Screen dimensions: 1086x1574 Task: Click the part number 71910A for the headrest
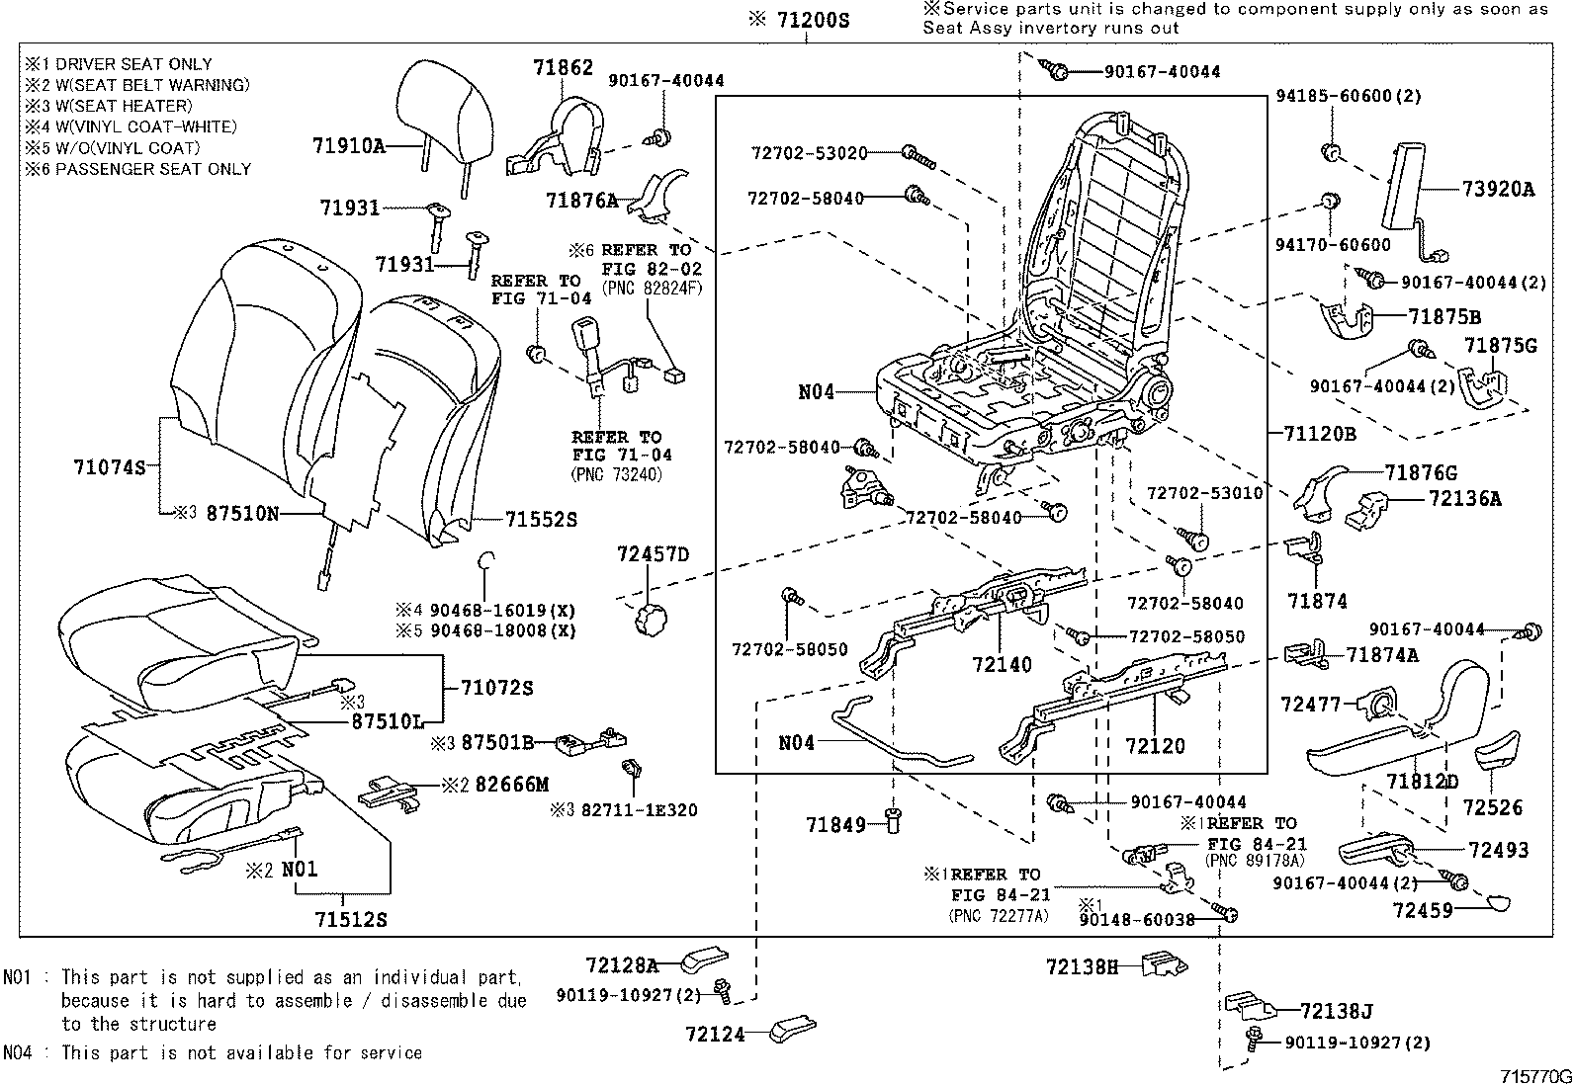[348, 146]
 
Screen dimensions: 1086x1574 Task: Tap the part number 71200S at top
[812, 20]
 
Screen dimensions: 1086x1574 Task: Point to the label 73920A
[1499, 190]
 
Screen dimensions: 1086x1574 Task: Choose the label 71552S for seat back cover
[541, 519]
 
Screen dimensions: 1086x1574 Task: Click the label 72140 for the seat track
[1002, 664]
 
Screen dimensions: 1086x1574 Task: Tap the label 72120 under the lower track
[1155, 746]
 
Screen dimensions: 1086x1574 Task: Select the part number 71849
[835, 824]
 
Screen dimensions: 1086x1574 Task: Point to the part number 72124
[715, 1035]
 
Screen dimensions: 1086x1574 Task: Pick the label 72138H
[1082, 966]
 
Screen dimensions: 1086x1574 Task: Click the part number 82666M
[511, 785]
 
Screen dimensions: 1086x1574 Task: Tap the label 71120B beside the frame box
[1320, 433]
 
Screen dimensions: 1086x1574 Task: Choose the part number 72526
[1493, 807]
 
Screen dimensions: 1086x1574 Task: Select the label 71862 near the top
[563, 67]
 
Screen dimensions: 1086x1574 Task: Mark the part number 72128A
[621, 964]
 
